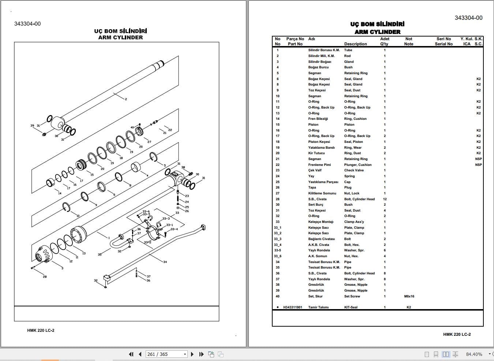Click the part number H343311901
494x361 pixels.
coord(292,307)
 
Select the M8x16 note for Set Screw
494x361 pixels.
coord(409,296)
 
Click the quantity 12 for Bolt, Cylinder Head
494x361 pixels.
coord(385,199)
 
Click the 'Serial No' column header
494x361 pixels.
coord(444,44)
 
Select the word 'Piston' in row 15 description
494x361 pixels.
coord(349,125)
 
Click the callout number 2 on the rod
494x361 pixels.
coord(126,99)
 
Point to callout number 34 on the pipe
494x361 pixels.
coord(165,262)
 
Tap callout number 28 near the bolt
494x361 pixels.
coord(45,277)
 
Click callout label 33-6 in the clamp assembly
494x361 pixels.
coord(146,212)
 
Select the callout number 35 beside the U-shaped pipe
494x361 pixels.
coord(100,255)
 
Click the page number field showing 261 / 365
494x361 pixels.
coord(167,354)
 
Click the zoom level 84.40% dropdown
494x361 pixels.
coord(476,354)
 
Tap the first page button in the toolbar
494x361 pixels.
coord(131,354)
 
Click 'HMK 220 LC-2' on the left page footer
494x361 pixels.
coord(41,330)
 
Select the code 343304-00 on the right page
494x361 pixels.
coord(468,18)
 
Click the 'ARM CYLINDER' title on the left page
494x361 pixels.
coord(120,37)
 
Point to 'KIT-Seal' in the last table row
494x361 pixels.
coord(351,307)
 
